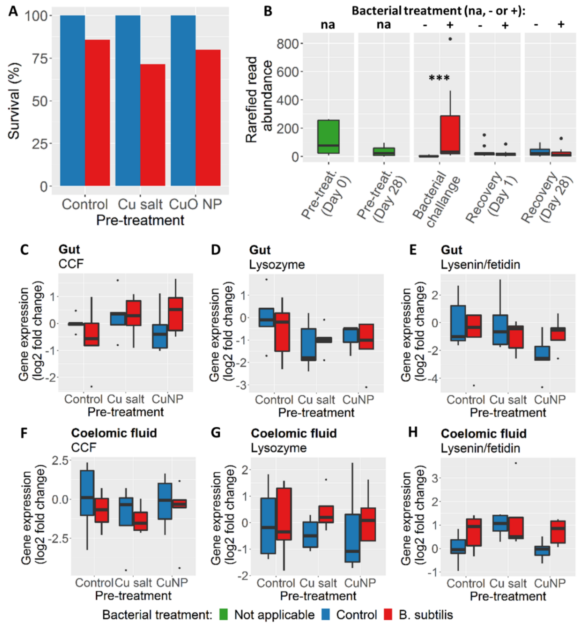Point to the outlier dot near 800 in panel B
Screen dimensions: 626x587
[450, 39]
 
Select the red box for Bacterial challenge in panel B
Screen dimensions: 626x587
[450, 135]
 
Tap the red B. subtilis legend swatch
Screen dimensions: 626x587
[388, 614]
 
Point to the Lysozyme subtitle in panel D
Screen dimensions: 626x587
[277, 265]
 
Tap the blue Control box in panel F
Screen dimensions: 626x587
[87, 493]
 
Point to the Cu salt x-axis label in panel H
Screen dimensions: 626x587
[508, 583]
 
